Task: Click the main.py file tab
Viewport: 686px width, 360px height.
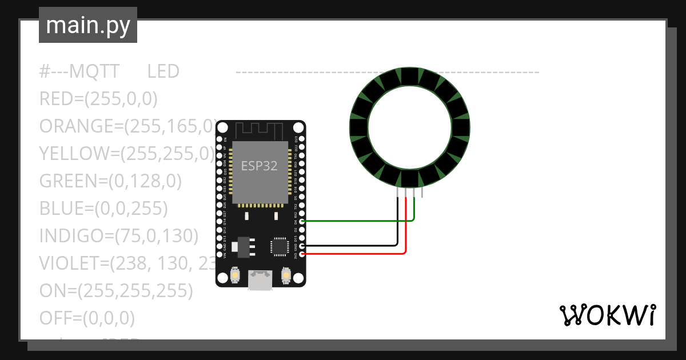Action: tap(87, 25)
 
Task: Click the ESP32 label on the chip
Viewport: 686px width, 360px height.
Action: tap(259, 166)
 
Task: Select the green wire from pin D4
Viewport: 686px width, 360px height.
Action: tap(354, 221)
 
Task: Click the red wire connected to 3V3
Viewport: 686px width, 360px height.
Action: tap(354, 253)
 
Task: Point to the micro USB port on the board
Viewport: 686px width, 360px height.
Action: tap(260, 281)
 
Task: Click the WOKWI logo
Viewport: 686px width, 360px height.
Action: tap(607, 315)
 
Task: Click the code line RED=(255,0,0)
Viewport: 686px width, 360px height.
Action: tap(98, 99)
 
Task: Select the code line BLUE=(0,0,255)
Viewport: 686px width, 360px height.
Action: tap(103, 209)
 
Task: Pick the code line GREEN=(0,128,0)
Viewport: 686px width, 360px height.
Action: tap(110, 181)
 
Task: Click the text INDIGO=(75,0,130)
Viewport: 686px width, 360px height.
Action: tap(118, 235)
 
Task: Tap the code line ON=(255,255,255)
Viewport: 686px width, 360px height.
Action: tap(116, 291)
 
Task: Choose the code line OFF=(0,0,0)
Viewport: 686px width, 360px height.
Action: tap(87, 318)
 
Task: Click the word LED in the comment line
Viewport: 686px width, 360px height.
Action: tap(163, 72)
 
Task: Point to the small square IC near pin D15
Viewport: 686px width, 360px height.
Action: tap(280, 246)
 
